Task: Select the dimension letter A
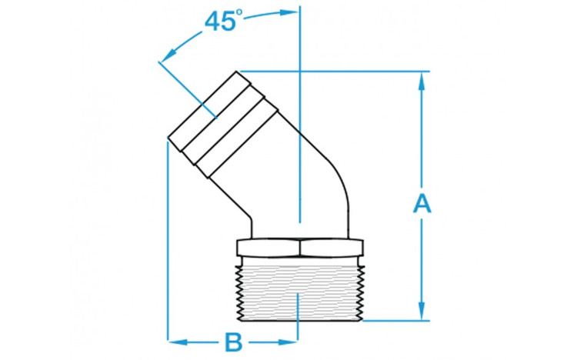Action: (x=422, y=203)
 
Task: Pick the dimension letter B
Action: (x=233, y=339)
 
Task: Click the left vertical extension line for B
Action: (x=167, y=246)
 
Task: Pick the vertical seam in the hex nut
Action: (x=300, y=248)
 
